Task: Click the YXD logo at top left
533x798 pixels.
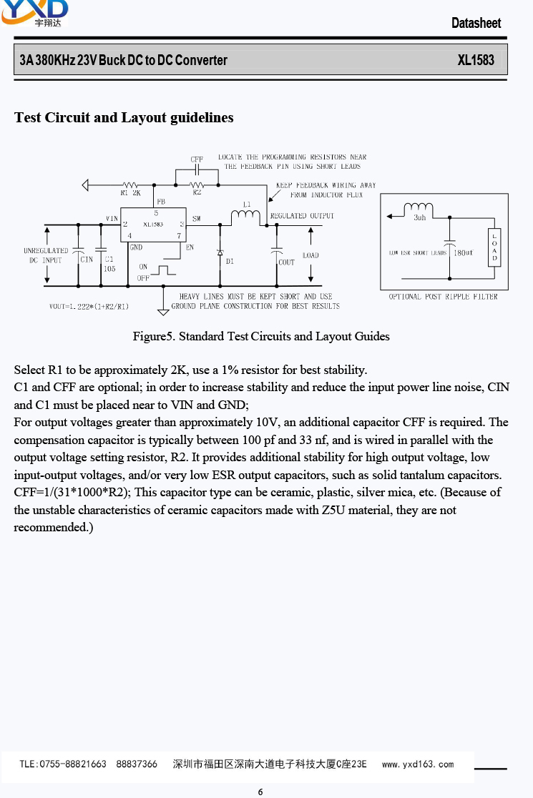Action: point(34,13)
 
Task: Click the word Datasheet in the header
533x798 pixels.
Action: point(476,23)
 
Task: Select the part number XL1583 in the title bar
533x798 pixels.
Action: point(476,60)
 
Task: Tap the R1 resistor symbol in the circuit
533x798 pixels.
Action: point(131,184)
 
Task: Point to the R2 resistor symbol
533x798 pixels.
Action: point(197,184)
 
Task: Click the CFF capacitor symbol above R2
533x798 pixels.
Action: point(197,169)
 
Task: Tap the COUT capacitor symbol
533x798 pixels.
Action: point(276,252)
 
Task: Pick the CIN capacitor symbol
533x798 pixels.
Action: point(79,251)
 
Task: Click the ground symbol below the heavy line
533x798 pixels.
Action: point(163,310)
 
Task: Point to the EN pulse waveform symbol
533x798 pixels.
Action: point(163,270)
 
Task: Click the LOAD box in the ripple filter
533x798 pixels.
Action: point(494,247)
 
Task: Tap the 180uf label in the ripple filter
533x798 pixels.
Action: point(464,253)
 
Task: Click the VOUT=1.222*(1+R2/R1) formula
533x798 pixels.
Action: point(89,306)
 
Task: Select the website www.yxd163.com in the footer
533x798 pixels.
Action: point(417,764)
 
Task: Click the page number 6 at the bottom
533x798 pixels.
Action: point(260,792)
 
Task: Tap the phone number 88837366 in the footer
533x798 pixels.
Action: point(137,764)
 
